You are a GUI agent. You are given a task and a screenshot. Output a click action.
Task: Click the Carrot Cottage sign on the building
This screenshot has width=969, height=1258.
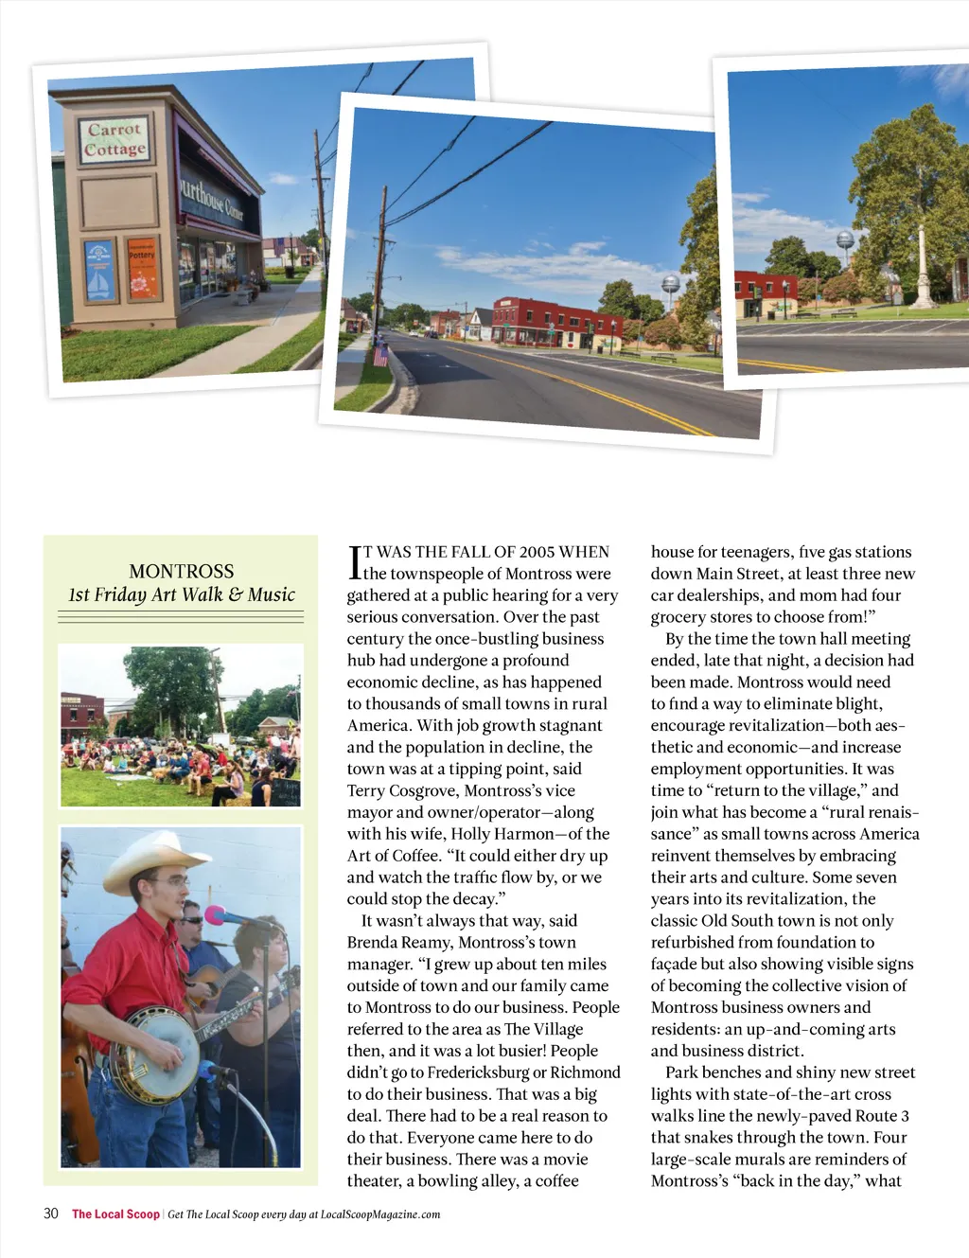115,139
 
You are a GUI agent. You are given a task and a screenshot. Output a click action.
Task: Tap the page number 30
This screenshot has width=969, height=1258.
51,1214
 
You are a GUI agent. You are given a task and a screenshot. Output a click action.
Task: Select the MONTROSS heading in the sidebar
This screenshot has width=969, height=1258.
181,571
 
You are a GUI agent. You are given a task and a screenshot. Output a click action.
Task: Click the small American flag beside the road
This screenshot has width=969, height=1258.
380,354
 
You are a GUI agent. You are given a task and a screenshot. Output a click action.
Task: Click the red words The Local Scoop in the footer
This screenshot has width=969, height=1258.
115,1214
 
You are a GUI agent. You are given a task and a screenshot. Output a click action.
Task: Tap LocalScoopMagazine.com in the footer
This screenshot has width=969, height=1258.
380,1214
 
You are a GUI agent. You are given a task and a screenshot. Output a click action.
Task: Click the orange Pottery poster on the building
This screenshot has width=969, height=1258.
142,268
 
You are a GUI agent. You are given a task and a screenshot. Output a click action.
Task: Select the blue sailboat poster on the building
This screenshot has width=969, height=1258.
99,270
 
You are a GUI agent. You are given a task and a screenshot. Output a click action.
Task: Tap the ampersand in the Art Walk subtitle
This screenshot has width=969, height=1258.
235,594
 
